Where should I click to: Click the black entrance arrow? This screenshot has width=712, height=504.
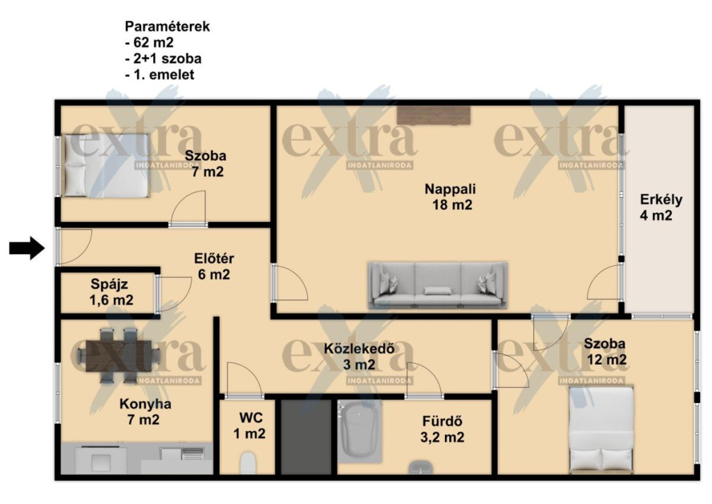pos(27,248)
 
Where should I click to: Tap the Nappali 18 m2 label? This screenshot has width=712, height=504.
pos(451,196)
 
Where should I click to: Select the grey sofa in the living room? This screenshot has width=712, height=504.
pos(437,285)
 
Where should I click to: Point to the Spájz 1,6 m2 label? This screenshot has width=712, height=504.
pos(111,292)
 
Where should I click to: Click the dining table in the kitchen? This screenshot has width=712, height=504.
pos(119,356)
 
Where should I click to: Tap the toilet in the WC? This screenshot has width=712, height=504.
pos(248,463)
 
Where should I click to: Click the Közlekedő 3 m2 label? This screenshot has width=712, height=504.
pos(359,356)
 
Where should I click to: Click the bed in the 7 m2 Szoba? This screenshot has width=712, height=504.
pos(106,166)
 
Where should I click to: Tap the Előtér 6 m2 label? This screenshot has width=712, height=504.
pos(214,267)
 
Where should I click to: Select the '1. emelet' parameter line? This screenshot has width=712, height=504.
pos(160,74)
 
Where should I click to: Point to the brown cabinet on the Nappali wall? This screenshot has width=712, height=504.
pos(434,115)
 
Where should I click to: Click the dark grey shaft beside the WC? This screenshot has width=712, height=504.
pos(306,437)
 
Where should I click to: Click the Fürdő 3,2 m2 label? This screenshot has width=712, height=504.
pos(442,429)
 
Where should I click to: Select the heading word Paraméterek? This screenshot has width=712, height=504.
pos(168,26)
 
